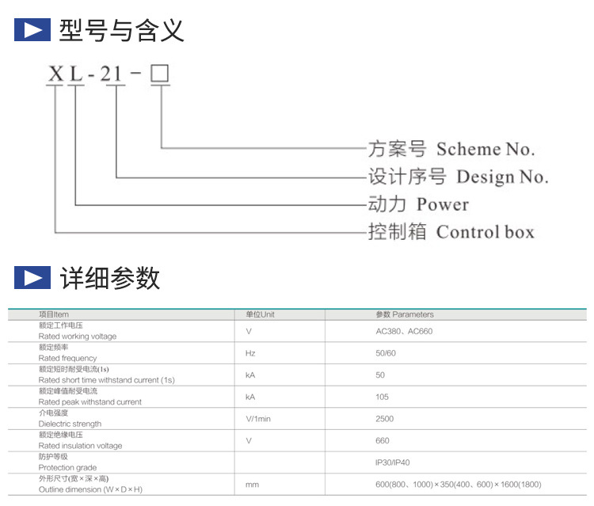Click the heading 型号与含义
[121, 31]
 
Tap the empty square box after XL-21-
[160, 74]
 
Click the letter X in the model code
[55, 75]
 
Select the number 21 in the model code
[112, 75]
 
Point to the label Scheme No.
[485, 149]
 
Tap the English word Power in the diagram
[443, 204]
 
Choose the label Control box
[485, 232]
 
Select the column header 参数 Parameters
[405, 314]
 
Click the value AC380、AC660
[404, 331]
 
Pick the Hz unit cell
[250, 353]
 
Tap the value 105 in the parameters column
[382, 397]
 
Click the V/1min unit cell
[258, 419]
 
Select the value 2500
[384, 419]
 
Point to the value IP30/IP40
[393, 462]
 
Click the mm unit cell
[252, 484]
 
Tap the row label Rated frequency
[69, 358]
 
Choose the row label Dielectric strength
[70, 424]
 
